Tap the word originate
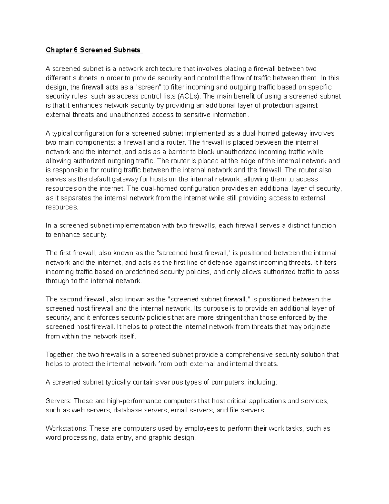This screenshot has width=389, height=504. [x=317, y=326]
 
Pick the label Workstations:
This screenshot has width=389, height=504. [x=66, y=428]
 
